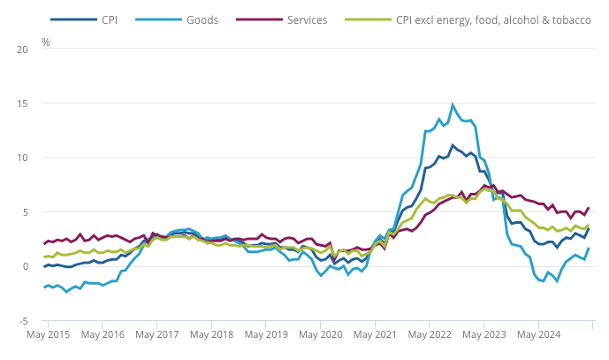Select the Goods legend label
pos(202,19)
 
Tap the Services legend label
pos(308,19)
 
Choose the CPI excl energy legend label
pos(493,19)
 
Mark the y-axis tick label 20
pos(23,50)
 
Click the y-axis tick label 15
pos(23,103)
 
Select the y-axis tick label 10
pos(23,157)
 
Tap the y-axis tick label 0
pos(26,266)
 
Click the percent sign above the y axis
pos(46,42)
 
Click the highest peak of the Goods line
pos(453,104)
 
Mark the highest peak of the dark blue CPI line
pos(453,146)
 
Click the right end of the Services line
pos(589,208)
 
